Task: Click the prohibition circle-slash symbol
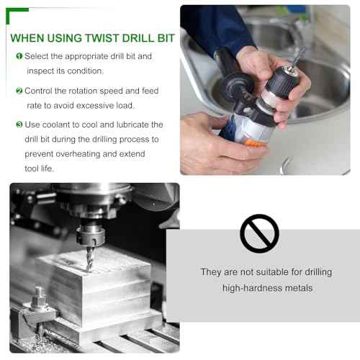(259, 233)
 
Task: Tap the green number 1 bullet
(19, 56)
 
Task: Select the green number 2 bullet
(19, 91)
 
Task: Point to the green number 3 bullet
(19, 125)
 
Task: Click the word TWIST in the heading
(92, 37)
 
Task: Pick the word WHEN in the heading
(28, 37)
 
